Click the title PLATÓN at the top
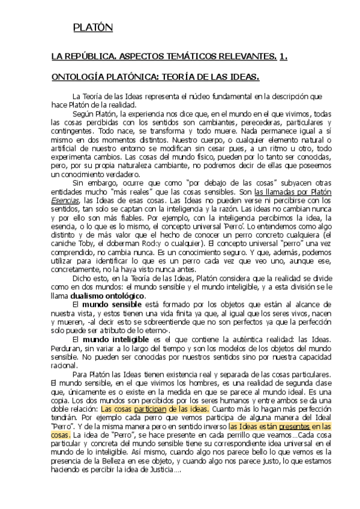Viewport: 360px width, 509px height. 92,28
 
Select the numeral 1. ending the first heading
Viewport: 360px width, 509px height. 284,56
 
